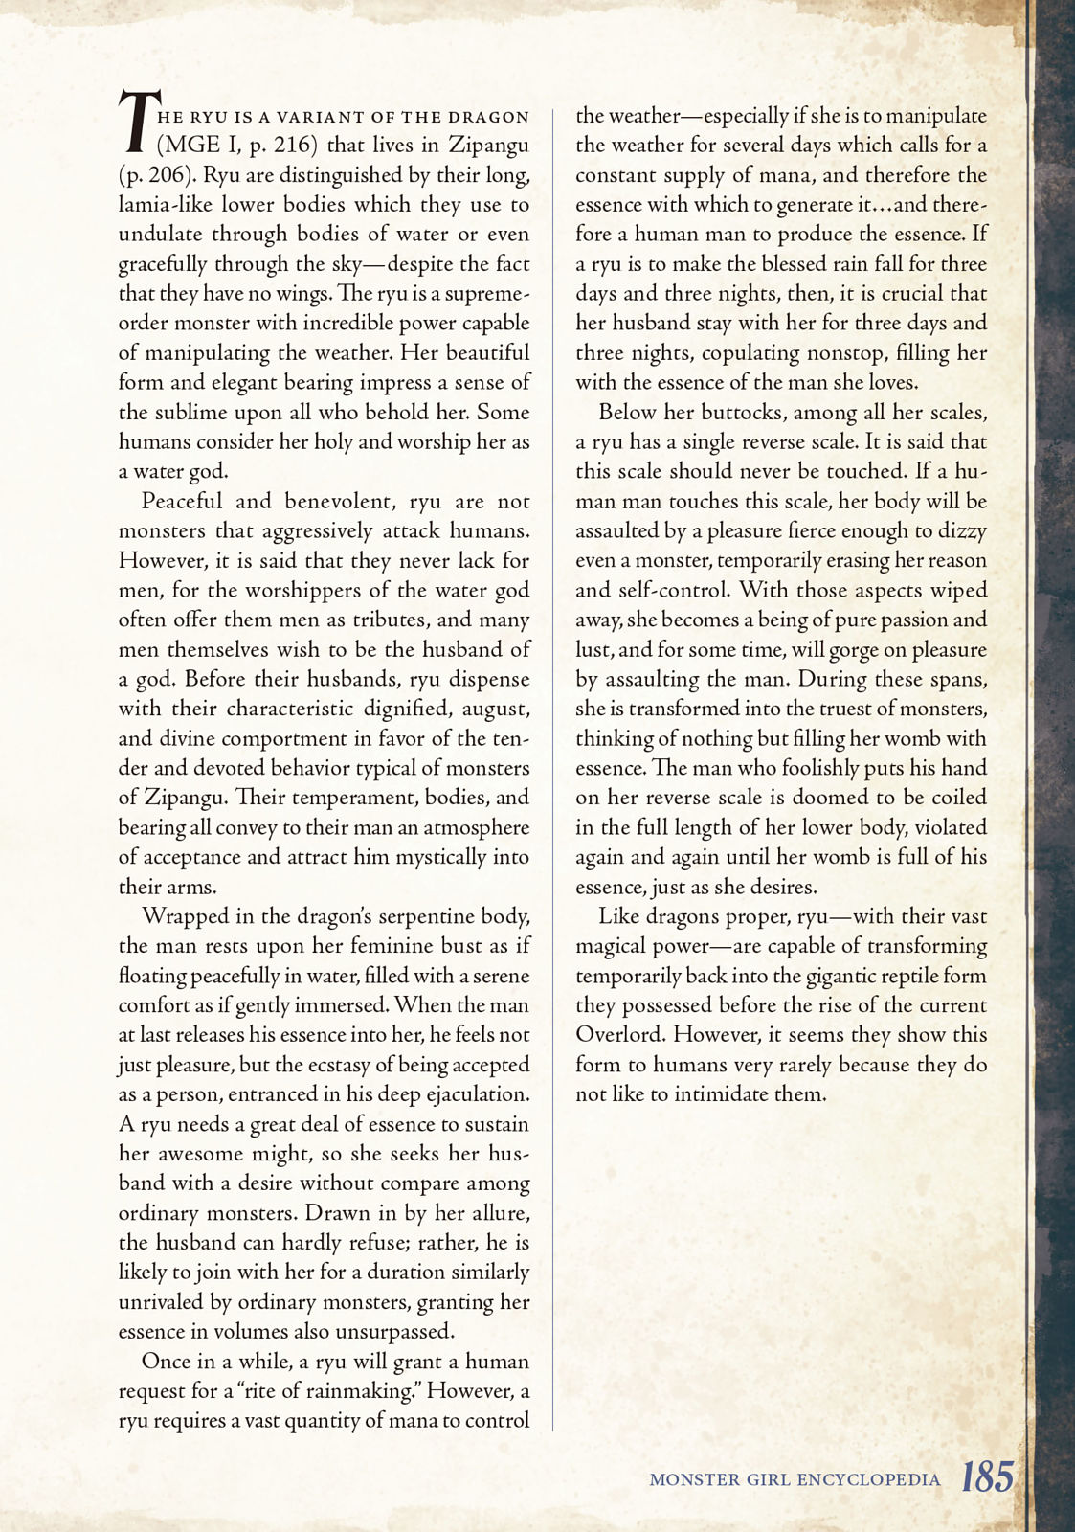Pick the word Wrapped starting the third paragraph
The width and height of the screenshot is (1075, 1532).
click(185, 916)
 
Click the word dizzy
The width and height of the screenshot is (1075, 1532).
click(962, 531)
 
